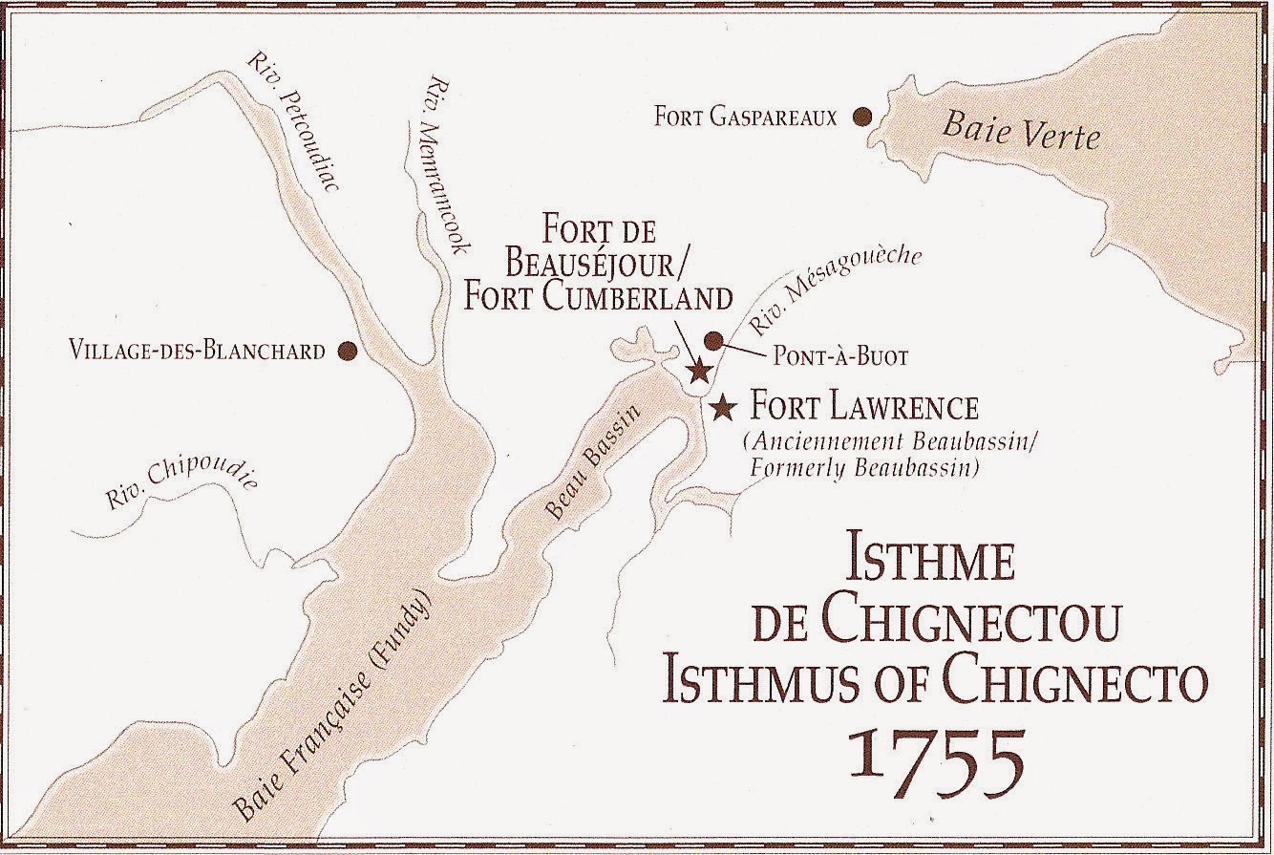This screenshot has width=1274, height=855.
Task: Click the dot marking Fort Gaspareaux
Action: [862, 117]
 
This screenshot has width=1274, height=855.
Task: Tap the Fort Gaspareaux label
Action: [745, 118]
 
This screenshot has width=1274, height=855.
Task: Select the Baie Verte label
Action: [1020, 131]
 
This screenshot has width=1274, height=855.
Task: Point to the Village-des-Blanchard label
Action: [198, 352]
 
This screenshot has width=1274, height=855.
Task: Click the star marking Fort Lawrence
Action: [724, 408]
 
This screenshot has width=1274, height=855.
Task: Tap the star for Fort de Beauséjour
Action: [700, 370]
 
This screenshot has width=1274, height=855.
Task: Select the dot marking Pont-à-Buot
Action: [712, 340]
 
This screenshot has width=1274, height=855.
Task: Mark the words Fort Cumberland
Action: [598, 296]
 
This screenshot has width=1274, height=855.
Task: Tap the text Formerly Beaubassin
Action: [864, 469]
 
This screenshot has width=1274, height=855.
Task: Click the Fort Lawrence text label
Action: [865, 408]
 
